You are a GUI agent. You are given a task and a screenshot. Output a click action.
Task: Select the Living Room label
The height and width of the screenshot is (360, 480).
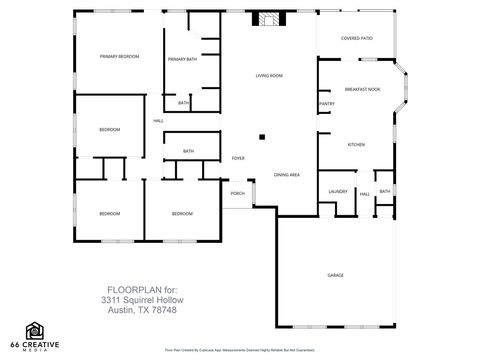click(x=269, y=76)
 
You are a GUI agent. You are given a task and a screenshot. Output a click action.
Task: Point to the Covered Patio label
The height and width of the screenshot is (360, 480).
click(x=356, y=38)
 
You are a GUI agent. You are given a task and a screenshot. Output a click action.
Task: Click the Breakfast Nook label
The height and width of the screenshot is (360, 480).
click(x=362, y=88)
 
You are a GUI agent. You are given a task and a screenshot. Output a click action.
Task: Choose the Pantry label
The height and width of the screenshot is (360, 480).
click(x=326, y=103)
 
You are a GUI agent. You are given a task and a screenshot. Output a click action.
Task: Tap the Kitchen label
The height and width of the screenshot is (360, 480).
click(x=356, y=145)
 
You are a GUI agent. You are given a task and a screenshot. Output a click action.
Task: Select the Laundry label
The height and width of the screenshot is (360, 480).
click(x=337, y=192)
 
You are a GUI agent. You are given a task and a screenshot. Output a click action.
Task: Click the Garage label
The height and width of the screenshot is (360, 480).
click(x=335, y=274)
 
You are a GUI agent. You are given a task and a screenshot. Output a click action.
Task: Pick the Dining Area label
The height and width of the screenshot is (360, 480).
click(x=287, y=175)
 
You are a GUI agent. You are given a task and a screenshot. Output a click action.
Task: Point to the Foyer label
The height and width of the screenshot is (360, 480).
click(x=238, y=158)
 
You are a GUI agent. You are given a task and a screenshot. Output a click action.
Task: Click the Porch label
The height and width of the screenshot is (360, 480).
click(x=238, y=193)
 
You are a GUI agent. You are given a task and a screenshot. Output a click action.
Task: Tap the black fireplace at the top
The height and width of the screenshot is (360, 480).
click(x=269, y=18)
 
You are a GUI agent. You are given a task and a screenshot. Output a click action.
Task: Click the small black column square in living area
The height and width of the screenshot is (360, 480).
click(x=262, y=137)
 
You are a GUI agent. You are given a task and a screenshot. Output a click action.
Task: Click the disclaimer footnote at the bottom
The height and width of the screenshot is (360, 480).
click(x=240, y=352)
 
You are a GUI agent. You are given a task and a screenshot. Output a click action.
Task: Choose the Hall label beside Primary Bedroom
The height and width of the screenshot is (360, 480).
click(x=158, y=122)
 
